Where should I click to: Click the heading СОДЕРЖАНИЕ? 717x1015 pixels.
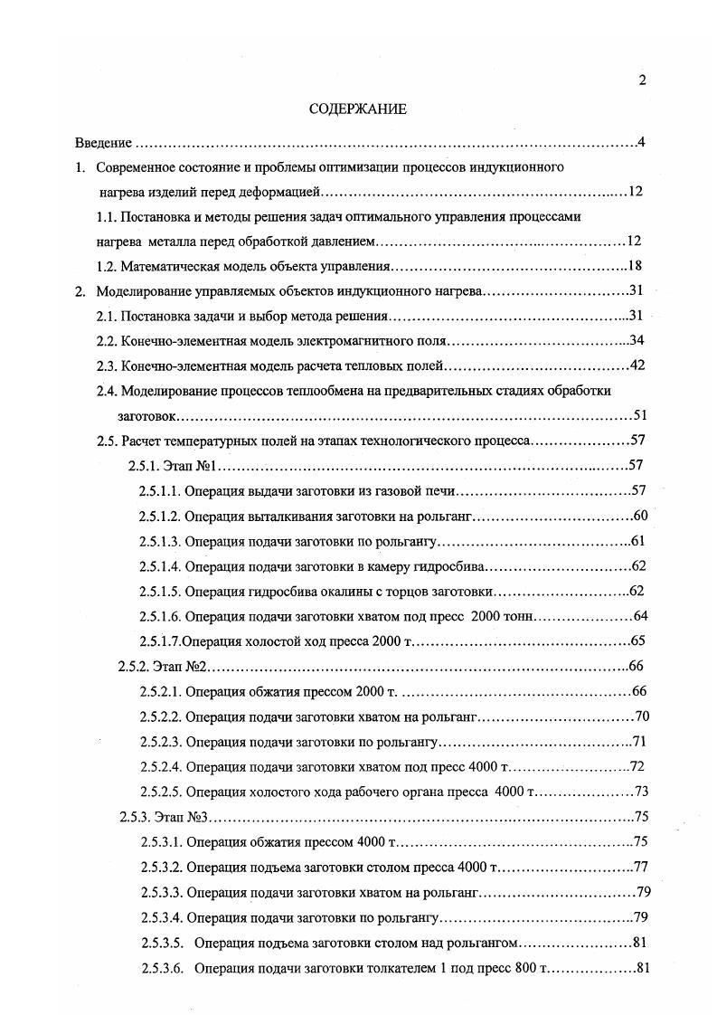358,109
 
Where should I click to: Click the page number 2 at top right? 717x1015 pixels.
642,81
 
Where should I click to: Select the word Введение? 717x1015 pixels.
103,143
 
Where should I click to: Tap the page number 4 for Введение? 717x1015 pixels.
640,143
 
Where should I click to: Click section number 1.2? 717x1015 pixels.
108,267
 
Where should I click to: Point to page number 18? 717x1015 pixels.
634,267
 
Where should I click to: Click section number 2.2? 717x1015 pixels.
108,341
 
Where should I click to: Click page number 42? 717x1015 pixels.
634,366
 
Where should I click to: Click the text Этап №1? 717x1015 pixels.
188,466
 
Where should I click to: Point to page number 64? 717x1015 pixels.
637,617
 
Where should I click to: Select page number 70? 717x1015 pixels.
642,717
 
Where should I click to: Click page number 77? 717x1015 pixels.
641,867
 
